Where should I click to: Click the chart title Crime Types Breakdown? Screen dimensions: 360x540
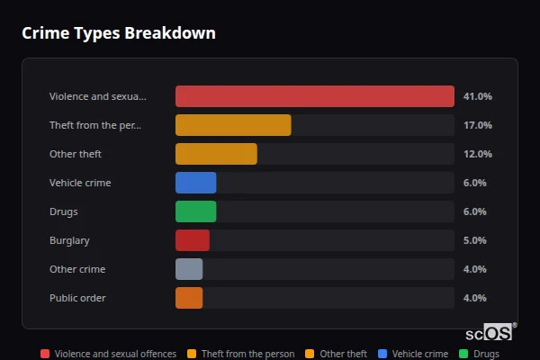[x=118, y=33]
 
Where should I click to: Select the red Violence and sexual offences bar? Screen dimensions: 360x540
[x=314, y=96]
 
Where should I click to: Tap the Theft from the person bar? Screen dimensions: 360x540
[x=233, y=125]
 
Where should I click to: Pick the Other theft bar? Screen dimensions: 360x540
[x=216, y=154]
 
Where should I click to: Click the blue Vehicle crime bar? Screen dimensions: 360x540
[x=195, y=183]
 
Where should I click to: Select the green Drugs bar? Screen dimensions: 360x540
[x=195, y=211]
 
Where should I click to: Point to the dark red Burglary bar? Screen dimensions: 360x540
[x=192, y=240]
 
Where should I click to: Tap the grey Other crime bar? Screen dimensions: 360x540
[x=189, y=269]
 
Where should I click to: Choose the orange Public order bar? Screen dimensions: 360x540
[x=189, y=298]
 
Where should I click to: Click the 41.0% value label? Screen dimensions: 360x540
[x=477, y=96]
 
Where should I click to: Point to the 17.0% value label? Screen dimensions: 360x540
[x=477, y=125]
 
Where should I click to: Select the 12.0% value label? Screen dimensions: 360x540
[x=477, y=154]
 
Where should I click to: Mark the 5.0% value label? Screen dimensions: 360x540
[x=474, y=240]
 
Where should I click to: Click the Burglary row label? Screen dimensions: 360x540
[x=69, y=240]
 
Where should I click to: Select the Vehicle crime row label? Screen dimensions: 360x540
[x=80, y=183]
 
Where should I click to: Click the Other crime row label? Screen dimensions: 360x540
[x=77, y=269]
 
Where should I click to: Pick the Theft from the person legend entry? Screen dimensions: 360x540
[x=240, y=354]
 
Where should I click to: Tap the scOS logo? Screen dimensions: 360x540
[x=490, y=332]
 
